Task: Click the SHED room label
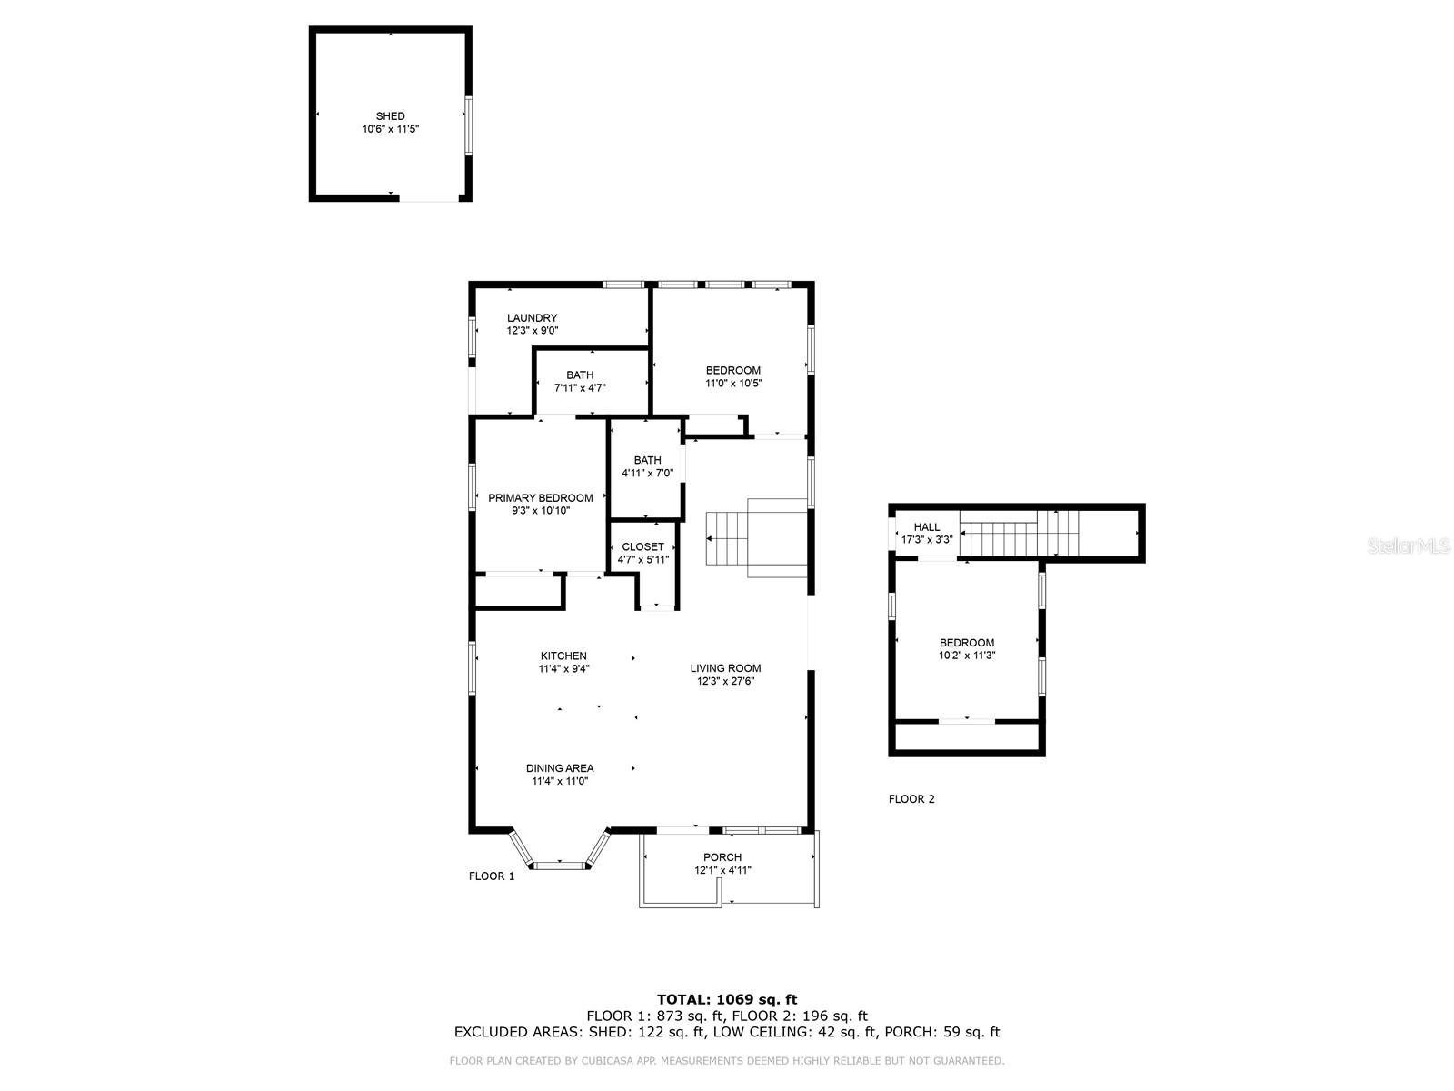point(391,116)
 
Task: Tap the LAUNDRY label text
point(532,318)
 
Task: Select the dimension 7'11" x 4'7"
point(580,388)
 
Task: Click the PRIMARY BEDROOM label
point(540,498)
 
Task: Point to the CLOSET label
point(642,547)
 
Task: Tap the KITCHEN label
point(563,656)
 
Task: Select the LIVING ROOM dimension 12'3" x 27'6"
point(726,681)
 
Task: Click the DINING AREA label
point(560,768)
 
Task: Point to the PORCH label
point(722,857)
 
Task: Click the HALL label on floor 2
point(927,527)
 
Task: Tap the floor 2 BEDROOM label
point(967,643)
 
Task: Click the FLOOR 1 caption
point(492,876)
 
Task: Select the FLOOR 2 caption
point(911,799)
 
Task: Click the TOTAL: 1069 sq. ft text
point(727,999)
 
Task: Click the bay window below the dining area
point(559,864)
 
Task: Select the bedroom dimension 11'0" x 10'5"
point(733,384)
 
